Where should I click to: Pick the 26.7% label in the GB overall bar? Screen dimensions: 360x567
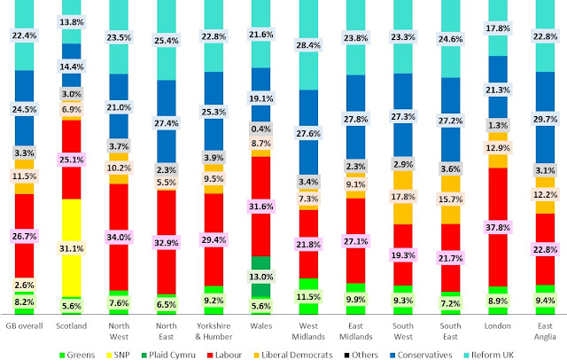pos(24,236)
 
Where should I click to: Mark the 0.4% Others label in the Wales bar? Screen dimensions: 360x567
pos(259,129)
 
